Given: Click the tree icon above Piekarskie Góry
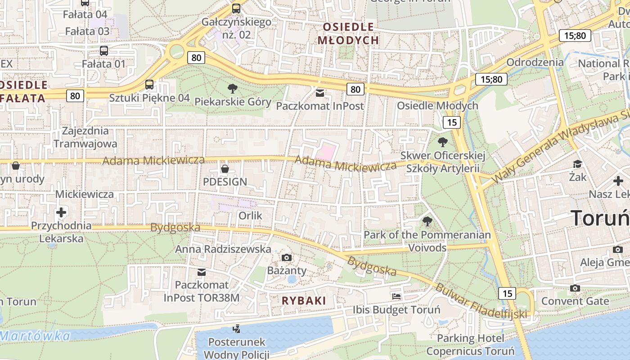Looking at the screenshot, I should pyautogui.click(x=233, y=88).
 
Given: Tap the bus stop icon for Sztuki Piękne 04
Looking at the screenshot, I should pyautogui.click(x=149, y=84).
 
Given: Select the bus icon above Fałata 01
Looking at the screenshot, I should pyautogui.click(x=104, y=50).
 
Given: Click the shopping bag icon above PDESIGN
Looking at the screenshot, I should pyautogui.click(x=225, y=169).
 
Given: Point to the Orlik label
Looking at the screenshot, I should pyautogui.click(x=250, y=216).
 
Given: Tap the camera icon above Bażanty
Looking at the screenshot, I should pyautogui.click(x=286, y=257).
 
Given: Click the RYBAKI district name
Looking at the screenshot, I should pyautogui.click(x=304, y=301).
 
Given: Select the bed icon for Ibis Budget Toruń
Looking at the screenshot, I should pyautogui.click(x=396, y=296).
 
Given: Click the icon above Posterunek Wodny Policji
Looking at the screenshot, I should pyautogui.click(x=237, y=329).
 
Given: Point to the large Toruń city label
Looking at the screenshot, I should pyautogui.click(x=600, y=218).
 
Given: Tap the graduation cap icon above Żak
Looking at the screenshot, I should pyautogui.click(x=577, y=164).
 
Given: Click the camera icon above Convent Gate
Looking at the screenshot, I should pyautogui.click(x=575, y=288).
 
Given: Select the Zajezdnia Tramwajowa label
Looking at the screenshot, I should pyautogui.click(x=85, y=137).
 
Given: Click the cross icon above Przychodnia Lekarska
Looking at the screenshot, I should pyautogui.click(x=61, y=212).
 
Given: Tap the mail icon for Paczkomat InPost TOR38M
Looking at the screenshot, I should pyautogui.click(x=202, y=272).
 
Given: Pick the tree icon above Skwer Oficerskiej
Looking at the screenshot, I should pyautogui.click(x=443, y=142).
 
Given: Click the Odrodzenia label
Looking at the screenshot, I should pyautogui.click(x=535, y=62).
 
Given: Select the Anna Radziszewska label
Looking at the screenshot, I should pyautogui.click(x=223, y=249).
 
